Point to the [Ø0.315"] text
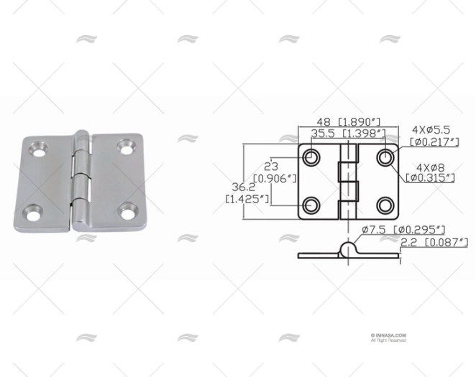click(x=431, y=177)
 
